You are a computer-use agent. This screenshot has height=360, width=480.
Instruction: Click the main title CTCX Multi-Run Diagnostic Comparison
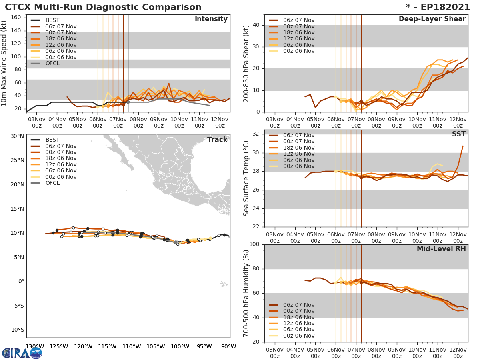(x=103, y=7)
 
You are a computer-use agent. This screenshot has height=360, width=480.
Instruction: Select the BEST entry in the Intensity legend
(x=52, y=20)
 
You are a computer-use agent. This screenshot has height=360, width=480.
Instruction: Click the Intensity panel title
(x=211, y=19)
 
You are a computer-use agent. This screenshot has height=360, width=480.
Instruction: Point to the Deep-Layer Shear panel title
(x=432, y=19)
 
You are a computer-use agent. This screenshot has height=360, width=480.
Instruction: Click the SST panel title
(x=458, y=134)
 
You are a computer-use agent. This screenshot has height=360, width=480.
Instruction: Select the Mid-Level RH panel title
(x=441, y=249)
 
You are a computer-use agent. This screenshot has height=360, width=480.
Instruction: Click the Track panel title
(x=217, y=140)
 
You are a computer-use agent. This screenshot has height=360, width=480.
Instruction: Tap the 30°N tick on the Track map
(x=17, y=136)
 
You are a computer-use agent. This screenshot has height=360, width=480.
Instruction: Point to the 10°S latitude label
(x=17, y=330)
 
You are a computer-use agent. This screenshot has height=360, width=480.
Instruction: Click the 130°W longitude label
(x=35, y=347)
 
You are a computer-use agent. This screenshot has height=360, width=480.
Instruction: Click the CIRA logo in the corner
(x=22, y=353)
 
